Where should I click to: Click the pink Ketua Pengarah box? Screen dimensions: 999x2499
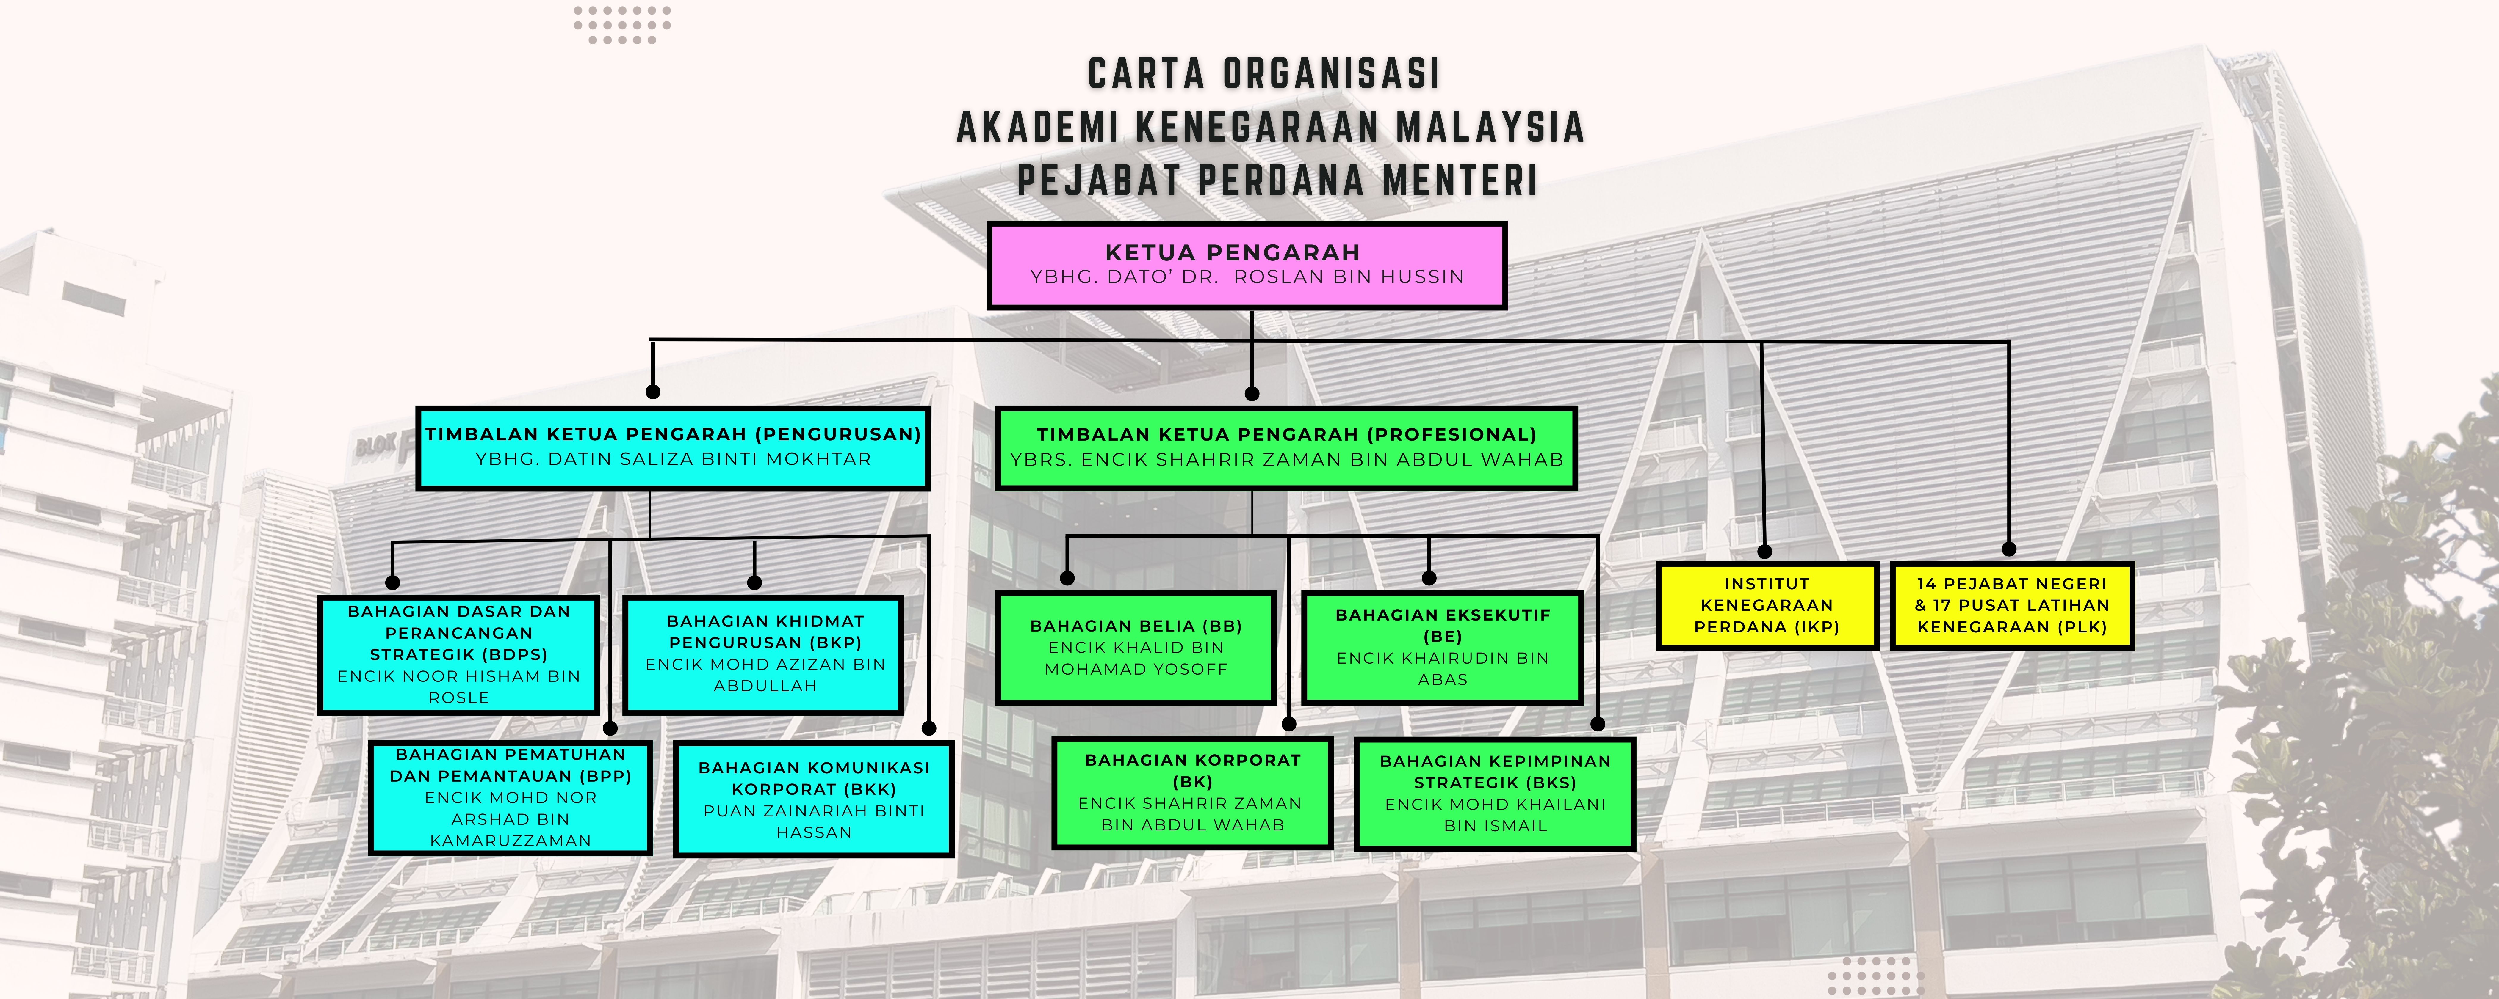tap(1247, 265)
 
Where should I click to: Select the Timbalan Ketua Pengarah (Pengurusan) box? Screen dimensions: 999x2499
tap(672, 447)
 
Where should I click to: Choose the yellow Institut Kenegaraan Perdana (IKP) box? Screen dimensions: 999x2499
tap(1767, 605)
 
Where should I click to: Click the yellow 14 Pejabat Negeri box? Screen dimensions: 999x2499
tap(2012, 605)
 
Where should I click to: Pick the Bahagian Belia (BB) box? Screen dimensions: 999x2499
tap(1135, 647)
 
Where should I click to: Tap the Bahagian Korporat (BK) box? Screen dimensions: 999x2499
tap(1192, 792)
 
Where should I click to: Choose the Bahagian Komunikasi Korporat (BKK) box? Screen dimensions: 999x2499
tap(813, 799)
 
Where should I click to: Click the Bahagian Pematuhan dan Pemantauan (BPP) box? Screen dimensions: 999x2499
tap(510, 797)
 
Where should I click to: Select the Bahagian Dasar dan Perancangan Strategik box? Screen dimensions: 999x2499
tap(459, 655)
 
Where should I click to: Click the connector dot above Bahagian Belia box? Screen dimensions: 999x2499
tap(1067, 578)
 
